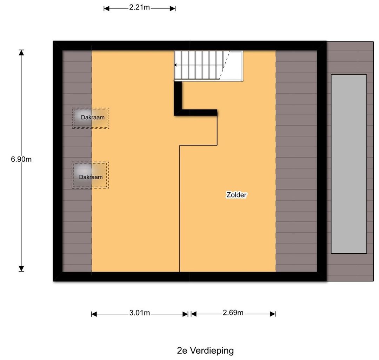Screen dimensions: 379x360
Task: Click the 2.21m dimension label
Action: click(x=139, y=7)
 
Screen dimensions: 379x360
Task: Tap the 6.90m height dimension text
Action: click(x=21, y=159)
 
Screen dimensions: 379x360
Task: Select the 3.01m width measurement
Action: click(x=139, y=313)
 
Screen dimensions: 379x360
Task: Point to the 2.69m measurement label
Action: click(x=233, y=313)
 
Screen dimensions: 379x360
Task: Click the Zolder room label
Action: click(x=237, y=195)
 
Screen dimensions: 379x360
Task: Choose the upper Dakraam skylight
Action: click(x=91, y=118)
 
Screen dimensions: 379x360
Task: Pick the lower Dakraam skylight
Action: click(x=90, y=175)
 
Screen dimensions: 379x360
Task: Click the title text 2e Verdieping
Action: click(x=205, y=350)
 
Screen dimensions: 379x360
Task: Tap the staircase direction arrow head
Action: click(x=175, y=65)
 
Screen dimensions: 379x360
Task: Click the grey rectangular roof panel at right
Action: click(x=349, y=164)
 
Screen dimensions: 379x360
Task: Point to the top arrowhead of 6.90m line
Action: click(x=21, y=52)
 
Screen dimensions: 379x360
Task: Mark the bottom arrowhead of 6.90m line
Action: click(x=21, y=269)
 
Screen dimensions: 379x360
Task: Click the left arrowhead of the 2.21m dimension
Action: click(x=107, y=9)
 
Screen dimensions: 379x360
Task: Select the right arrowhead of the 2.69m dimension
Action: click(x=273, y=314)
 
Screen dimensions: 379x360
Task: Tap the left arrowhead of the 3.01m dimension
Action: click(x=94, y=314)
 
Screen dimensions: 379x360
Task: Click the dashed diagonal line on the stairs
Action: click(x=225, y=65)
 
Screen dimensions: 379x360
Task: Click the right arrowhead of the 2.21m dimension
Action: click(x=173, y=9)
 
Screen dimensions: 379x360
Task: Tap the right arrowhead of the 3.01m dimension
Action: click(x=185, y=314)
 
